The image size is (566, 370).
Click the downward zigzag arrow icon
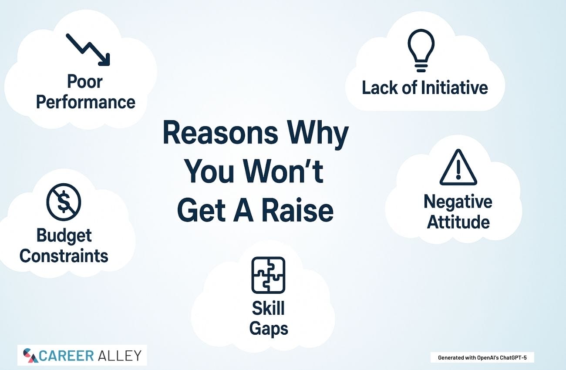tap(88, 50)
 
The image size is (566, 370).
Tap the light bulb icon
tap(421, 50)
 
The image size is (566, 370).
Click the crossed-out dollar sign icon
tap(64, 202)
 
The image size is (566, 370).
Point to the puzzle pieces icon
tap(268, 275)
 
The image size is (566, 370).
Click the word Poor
tap(84, 81)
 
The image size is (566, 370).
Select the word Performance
tap(86, 102)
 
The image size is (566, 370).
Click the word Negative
tap(458, 202)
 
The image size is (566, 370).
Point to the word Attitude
tap(458, 222)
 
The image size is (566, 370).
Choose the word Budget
tap(64, 236)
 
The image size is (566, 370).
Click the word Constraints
tap(64, 256)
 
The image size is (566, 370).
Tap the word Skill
tap(268, 308)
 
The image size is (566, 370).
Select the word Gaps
tap(269, 329)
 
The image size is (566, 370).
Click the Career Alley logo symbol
tap(30, 356)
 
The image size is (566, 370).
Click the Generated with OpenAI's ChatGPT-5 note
tap(482, 358)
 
